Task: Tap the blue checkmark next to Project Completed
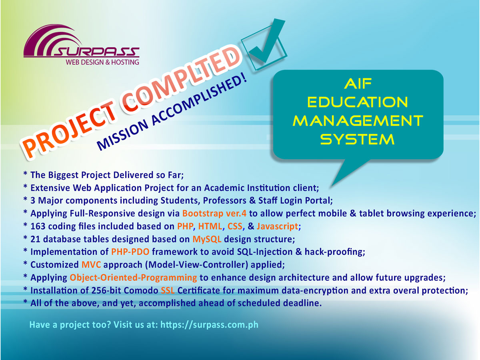pos(266,46)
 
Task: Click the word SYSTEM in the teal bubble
pos(358,139)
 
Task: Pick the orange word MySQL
pos(208,239)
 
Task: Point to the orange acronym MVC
pos(93,265)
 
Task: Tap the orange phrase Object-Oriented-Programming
pos(133,278)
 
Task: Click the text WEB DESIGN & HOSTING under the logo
pos(102,62)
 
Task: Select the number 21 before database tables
pos(36,239)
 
